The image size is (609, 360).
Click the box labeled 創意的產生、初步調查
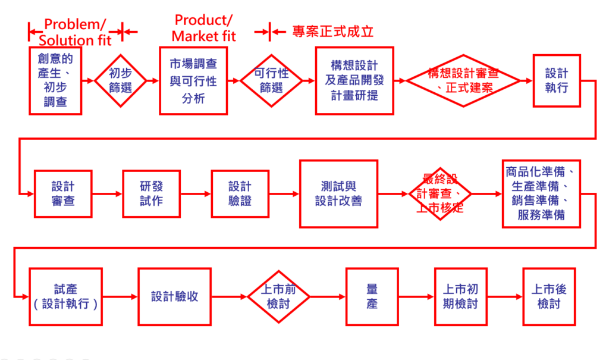point(56,80)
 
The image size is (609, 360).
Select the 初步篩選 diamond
point(121,80)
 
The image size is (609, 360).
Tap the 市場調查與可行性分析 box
point(193,80)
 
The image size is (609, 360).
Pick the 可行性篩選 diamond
point(271,80)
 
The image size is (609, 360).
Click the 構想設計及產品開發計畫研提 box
point(354,80)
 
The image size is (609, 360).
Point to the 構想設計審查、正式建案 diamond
point(463,80)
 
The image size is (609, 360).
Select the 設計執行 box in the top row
point(557,80)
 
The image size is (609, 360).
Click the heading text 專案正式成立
point(332,31)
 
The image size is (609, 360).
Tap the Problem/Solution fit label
point(76,32)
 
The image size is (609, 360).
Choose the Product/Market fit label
point(204,28)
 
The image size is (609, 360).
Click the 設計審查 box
point(62,193)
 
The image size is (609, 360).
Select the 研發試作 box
point(151,193)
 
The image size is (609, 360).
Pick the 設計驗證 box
point(240,193)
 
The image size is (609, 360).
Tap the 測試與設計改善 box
point(338,193)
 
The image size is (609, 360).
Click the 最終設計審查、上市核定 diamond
point(440,193)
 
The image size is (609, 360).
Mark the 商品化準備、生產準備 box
point(541,193)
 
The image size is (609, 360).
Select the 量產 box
point(372,296)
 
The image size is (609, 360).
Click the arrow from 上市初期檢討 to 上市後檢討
point(504,296)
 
